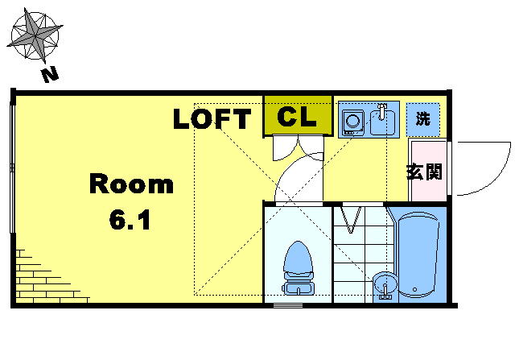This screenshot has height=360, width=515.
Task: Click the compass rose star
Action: pyautogui.click(x=35, y=34)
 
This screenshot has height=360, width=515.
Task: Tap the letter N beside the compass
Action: pyautogui.click(x=50, y=75)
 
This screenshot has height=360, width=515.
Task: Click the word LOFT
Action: pyautogui.click(x=212, y=118)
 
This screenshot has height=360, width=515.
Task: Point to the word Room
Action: pyautogui.click(x=131, y=184)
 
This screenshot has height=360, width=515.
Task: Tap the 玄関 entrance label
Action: pyautogui.click(x=424, y=171)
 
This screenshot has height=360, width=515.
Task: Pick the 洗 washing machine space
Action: pyautogui.click(x=423, y=119)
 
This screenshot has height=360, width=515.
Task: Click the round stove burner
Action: pyautogui.click(x=353, y=120)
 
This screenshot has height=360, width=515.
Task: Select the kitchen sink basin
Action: pyautogui.click(x=382, y=122)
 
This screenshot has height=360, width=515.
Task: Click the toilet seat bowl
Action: pyautogui.click(x=298, y=257)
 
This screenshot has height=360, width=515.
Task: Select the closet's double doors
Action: pyautogui.click(x=299, y=147)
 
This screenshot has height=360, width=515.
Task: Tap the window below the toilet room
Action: pyautogui.click(x=288, y=306)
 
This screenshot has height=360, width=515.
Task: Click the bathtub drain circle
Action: pyautogui.click(x=415, y=290)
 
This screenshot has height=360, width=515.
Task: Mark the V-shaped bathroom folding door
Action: pyautogui.click(x=351, y=219)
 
